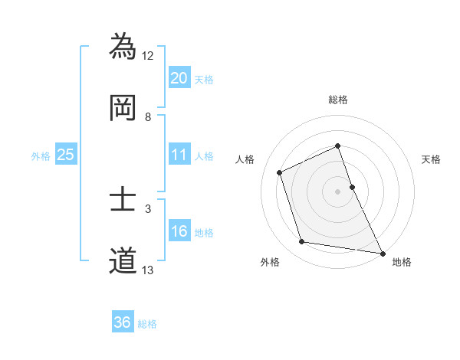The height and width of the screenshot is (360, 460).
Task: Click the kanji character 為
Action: (123, 47)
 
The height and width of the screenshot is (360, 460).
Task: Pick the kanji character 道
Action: (123, 261)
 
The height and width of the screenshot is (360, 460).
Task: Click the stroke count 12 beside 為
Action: (148, 55)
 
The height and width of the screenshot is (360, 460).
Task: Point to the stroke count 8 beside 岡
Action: (148, 116)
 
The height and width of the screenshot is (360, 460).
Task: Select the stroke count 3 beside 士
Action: (148, 208)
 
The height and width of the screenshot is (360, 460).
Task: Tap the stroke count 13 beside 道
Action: (148, 270)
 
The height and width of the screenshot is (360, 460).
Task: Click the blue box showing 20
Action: (179, 77)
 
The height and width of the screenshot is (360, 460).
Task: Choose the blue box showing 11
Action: (179, 155)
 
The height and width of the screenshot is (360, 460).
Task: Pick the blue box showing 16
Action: (179, 231)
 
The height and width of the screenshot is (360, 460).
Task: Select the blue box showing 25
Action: (65, 155)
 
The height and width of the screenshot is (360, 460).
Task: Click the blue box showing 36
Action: (123, 322)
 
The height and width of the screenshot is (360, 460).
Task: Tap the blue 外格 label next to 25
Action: (41, 156)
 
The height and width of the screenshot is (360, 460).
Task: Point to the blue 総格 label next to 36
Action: (147, 324)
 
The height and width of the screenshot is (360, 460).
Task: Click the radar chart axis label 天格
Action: (432, 159)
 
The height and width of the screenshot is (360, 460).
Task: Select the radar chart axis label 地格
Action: (402, 262)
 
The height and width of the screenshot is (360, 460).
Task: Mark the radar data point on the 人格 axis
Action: (280, 172)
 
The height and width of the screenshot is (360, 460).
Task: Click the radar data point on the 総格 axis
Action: (337, 146)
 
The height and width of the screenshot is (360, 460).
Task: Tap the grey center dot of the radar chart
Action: (337, 191)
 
